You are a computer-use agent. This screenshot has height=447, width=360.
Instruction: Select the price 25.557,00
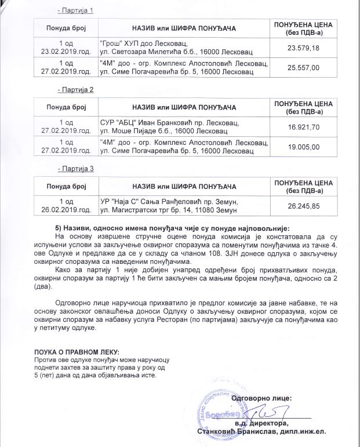point(308,67)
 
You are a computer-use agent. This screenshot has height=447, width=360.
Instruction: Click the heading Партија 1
point(76,12)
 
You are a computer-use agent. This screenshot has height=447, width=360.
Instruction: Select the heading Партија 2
point(76,90)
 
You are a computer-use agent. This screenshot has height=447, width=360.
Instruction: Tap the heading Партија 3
point(76,169)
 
